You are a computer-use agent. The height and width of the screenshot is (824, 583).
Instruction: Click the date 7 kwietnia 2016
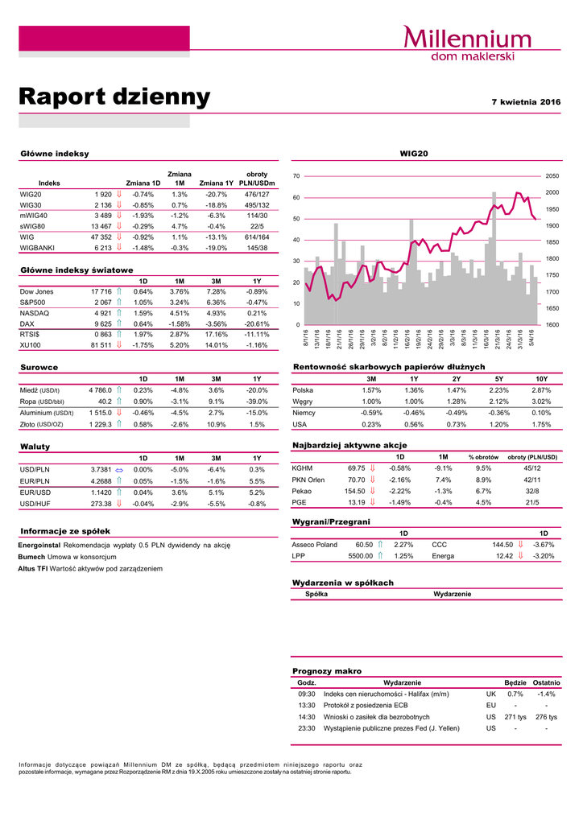click(526, 102)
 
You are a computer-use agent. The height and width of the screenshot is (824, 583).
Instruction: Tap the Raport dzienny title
click(114, 97)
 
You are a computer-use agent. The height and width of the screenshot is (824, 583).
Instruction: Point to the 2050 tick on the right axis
click(552, 175)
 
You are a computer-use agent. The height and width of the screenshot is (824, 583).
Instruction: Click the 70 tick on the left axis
click(296, 175)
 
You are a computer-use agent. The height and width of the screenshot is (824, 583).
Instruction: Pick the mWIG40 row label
click(33, 216)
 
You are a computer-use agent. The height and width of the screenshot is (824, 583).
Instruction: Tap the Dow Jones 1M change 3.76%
click(180, 291)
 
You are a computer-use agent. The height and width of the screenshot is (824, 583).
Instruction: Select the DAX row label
click(27, 323)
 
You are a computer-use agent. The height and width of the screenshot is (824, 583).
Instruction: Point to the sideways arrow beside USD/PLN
click(118, 470)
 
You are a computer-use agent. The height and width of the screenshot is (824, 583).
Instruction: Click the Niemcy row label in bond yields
click(304, 413)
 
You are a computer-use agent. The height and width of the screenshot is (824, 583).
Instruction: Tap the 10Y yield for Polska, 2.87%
click(541, 390)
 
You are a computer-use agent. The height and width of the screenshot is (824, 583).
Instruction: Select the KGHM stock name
click(302, 468)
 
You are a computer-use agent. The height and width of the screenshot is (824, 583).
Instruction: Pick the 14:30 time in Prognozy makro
click(307, 716)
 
